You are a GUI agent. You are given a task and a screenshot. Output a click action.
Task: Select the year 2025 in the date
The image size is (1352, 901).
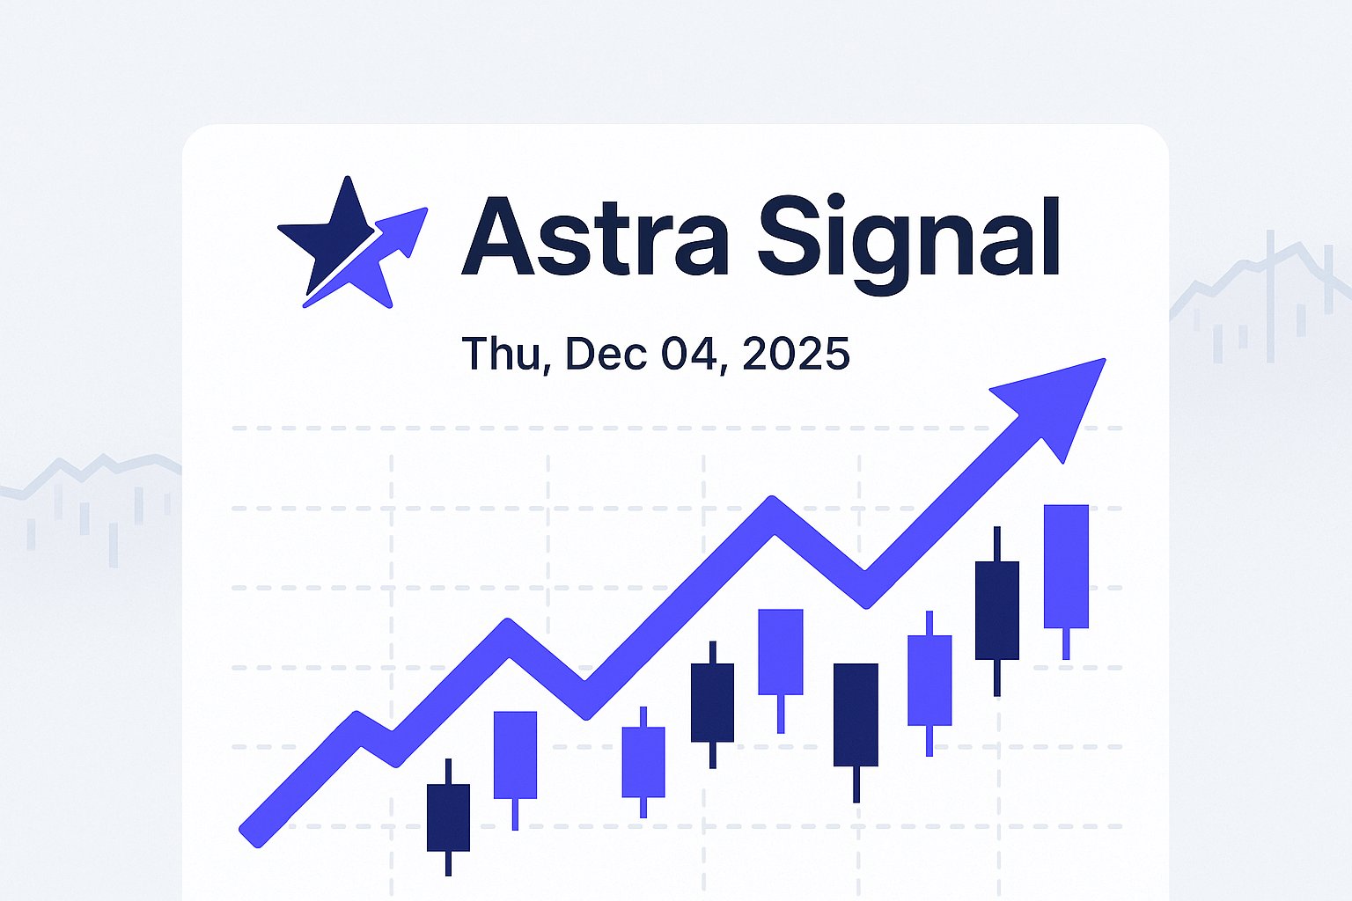[796, 354]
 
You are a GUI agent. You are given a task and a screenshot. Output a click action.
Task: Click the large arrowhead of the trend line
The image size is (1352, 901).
[1056, 400]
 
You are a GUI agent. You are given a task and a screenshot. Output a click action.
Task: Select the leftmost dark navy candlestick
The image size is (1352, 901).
[448, 817]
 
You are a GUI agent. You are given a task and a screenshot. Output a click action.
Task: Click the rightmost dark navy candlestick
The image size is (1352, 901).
[997, 610]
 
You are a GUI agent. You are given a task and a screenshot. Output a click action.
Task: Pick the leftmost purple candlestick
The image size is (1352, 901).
[515, 754]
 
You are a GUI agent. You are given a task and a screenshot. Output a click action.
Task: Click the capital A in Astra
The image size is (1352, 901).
[498, 236]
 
